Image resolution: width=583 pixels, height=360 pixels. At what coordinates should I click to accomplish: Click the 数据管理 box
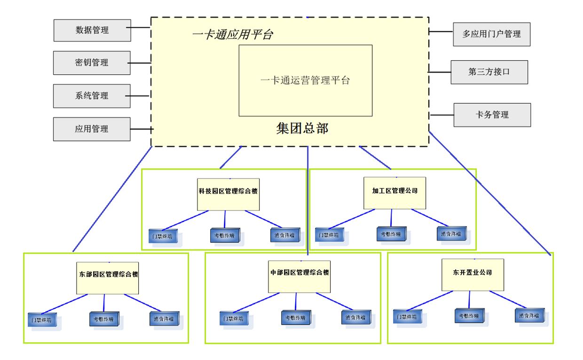(x=92, y=30)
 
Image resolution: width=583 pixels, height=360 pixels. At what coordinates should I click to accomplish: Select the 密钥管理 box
(x=92, y=63)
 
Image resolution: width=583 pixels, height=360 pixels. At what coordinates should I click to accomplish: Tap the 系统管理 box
(x=92, y=96)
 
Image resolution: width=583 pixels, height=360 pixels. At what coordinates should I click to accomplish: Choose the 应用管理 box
(x=92, y=129)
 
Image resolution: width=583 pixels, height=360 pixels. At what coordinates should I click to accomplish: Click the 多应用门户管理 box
(x=491, y=34)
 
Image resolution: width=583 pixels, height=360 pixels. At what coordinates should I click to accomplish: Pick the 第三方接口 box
(x=489, y=72)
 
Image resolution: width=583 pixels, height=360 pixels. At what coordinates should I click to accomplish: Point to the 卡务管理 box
(x=492, y=115)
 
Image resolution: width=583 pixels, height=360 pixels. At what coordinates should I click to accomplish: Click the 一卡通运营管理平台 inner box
(x=305, y=80)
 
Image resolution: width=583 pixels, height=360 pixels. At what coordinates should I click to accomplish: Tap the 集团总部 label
(x=302, y=129)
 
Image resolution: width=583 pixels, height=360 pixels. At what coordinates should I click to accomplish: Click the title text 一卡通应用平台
(x=232, y=35)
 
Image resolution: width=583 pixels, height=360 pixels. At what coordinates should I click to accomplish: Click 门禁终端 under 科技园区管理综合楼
(x=161, y=235)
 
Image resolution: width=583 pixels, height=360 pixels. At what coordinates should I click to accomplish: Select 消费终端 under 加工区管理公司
(x=450, y=234)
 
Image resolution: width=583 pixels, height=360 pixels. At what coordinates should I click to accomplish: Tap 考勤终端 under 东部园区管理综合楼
(x=104, y=319)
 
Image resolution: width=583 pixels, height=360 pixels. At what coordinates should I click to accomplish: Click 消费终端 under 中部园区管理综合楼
(x=356, y=317)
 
